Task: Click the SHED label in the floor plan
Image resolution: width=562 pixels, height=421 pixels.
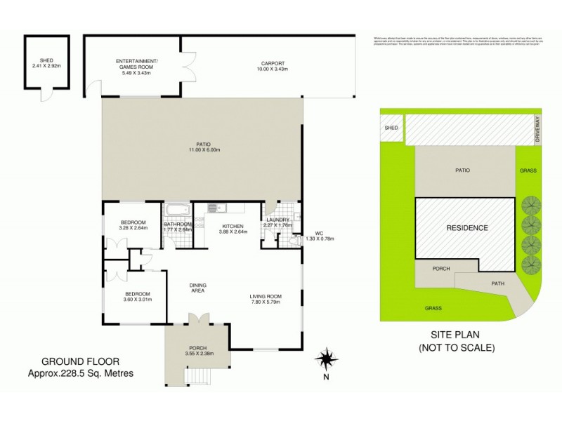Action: pyautogui.click(x=47, y=60)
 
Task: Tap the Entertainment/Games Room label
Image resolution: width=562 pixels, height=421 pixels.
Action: pyautogui.click(x=138, y=63)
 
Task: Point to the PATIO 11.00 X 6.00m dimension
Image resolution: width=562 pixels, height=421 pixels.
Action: pyautogui.click(x=204, y=150)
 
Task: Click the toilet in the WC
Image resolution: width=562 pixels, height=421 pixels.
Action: pyautogui.click(x=296, y=240)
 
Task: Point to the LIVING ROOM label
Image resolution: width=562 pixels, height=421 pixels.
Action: pyautogui.click(x=265, y=298)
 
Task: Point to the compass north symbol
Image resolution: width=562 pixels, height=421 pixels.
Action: pyautogui.click(x=326, y=361)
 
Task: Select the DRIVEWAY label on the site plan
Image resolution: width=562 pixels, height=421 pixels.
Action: pyautogui.click(x=537, y=130)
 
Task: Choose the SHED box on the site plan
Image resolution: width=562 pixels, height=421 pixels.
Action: pyautogui.click(x=392, y=128)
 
